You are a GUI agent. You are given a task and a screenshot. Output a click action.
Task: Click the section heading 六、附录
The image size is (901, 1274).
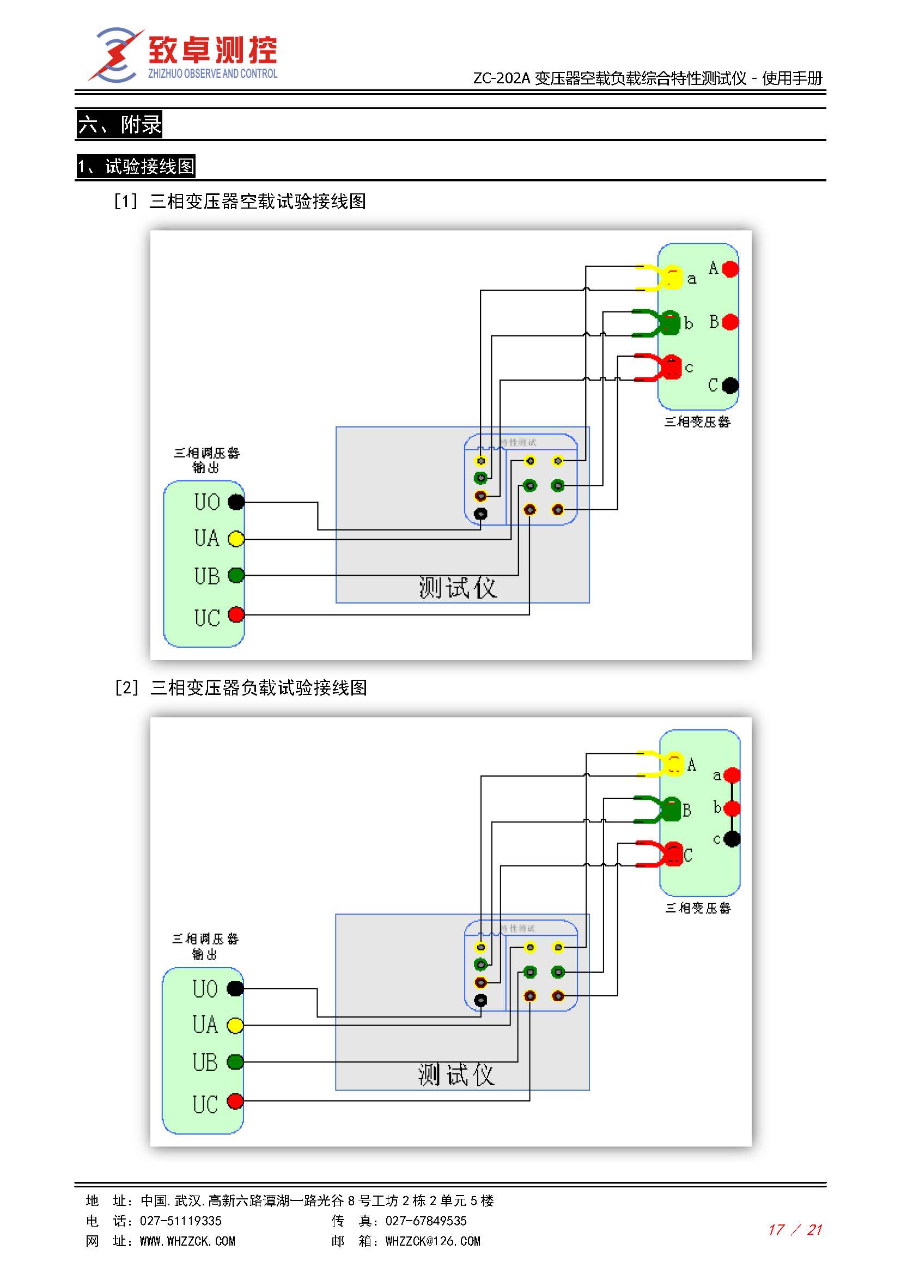[119, 124]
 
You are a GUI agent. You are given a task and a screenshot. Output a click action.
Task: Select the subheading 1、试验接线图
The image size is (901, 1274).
[136, 167]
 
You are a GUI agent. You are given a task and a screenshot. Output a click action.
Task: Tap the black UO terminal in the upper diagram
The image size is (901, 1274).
[236, 502]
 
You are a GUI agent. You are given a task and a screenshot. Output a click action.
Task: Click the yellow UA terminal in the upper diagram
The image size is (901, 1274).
[236, 539]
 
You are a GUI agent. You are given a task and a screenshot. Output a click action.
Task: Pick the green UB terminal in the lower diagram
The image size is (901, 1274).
[235, 1062]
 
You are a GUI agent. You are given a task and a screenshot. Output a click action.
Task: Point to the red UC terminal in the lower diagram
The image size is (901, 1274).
[235, 1101]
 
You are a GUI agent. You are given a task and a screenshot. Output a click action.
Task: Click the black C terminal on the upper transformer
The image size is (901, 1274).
[730, 385]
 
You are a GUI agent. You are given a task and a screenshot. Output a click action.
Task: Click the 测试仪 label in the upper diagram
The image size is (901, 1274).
[458, 587]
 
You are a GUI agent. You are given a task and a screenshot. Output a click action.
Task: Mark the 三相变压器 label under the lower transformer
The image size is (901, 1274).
[698, 909]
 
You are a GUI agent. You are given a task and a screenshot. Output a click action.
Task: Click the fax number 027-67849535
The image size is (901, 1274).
[426, 1221]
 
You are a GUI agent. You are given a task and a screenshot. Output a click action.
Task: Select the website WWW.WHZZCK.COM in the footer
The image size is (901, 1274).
[187, 1241]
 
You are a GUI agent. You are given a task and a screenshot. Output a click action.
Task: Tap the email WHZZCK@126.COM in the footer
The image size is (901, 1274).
[433, 1241]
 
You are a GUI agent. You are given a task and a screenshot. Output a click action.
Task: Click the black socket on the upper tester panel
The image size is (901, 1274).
[480, 514]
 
